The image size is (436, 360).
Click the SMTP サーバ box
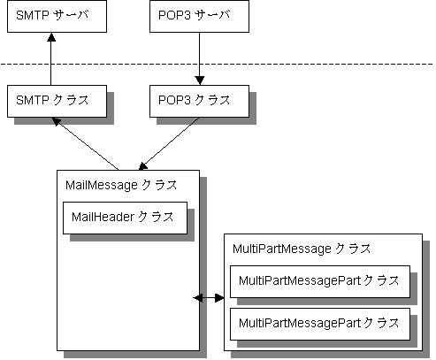coord(57,16)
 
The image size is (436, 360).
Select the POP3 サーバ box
coord(199,16)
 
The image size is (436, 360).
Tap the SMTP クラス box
coord(57,101)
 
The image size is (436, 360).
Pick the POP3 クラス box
coord(199,101)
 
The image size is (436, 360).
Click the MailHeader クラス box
coord(125,218)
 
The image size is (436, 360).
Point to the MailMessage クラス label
coord(121,186)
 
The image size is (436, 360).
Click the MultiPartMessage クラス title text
coord(302,249)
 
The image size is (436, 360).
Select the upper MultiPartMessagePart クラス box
coord(320,281)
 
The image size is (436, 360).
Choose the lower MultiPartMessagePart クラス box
coord(320,324)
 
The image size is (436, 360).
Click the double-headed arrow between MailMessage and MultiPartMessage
coord(209,298)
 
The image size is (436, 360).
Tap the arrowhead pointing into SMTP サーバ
coord(51,37)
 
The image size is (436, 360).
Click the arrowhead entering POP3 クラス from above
coord(200,80)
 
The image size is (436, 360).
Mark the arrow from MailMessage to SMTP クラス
coord(85,143)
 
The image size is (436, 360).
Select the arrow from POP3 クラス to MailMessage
coord(169,144)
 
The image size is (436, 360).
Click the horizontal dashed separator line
coord(217,64)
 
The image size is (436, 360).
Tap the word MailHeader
coord(103,218)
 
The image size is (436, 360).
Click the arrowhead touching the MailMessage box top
coord(142,166)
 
